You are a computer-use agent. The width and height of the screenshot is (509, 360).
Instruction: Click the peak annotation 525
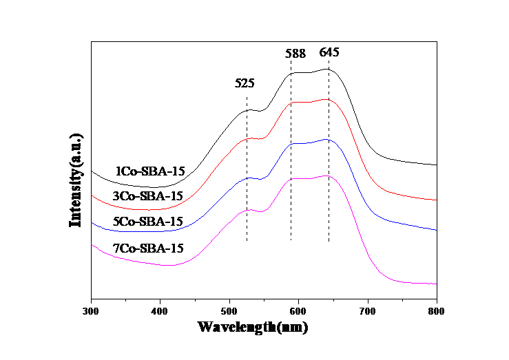pyautogui.click(x=245, y=83)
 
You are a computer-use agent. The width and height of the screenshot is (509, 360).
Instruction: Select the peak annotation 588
pyautogui.click(x=296, y=53)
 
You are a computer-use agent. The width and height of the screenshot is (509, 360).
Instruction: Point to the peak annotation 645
pyautogui.click(x=329, y=53)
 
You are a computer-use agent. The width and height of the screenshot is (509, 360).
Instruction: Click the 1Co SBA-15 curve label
pyautogui.click(x=149, y=171)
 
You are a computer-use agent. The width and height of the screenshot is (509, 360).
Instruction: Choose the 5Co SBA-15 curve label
pyautogui.click(x=147, y=222)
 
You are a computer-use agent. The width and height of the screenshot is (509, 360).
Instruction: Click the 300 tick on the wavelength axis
pyautogui.click(x=90, y=311)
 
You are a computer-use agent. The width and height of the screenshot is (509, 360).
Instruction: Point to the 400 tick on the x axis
pyautogui.click(x=159, y=311)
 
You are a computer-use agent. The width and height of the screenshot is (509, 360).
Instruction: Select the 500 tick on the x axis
pyautogui.click(x=229, y=311)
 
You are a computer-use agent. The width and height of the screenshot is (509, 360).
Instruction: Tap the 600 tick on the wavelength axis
pyautogui.click(x=298, y=311)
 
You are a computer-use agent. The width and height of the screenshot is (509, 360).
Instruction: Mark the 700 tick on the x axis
pyautogui.click(x=367, y=311)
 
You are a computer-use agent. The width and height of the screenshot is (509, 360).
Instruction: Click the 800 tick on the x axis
pyautogui.click(x=436, y=311)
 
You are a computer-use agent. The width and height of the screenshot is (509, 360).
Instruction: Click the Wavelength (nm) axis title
pyautogui.click(x=253, y=327)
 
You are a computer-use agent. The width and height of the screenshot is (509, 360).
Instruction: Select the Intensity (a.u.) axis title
pyautogui.click(x=75, y=180)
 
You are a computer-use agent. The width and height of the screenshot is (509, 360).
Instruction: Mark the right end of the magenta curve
pyautogui.click(x=436, y=284)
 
